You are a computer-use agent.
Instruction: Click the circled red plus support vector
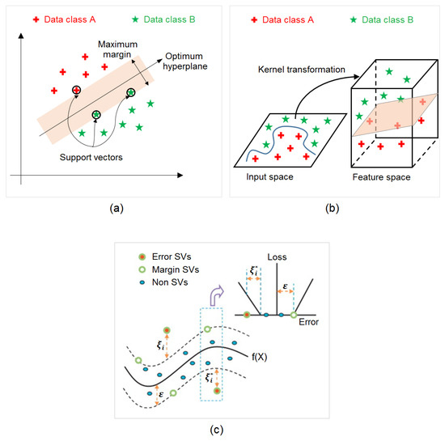pyautogui.click(x=76, y=90)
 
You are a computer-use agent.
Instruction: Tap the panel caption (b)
pyautogui.click(x=333, y=207)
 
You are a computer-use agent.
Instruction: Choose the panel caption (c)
pyautogui.click(x=221, y=429)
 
